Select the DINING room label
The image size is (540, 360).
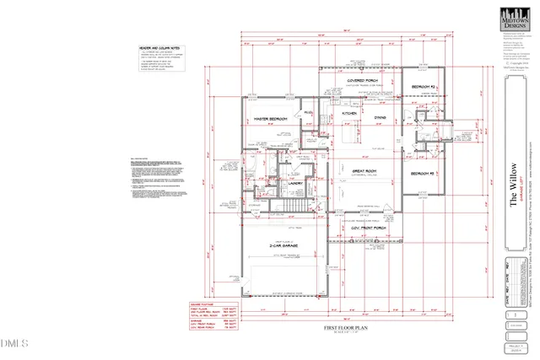tap(380, 116)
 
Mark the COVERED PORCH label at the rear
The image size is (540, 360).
tap(362, 82)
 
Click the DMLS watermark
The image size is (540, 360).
tap(14, 343)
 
